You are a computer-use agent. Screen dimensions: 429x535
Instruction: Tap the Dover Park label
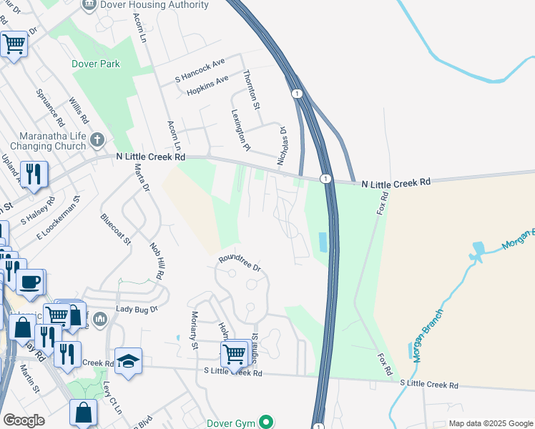(96, 64)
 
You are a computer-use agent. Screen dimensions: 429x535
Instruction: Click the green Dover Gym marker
(266, 422)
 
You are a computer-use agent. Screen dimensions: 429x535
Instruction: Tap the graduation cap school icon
(128, 360)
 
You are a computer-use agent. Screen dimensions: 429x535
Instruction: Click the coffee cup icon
(29, 281)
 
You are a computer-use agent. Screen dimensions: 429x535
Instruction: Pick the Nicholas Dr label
(283, 141)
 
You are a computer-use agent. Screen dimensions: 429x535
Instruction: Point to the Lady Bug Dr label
(136, 310)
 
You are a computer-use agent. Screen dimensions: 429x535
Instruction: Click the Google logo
(24, 420)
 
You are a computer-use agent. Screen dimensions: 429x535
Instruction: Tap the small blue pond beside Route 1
(323, 242)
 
